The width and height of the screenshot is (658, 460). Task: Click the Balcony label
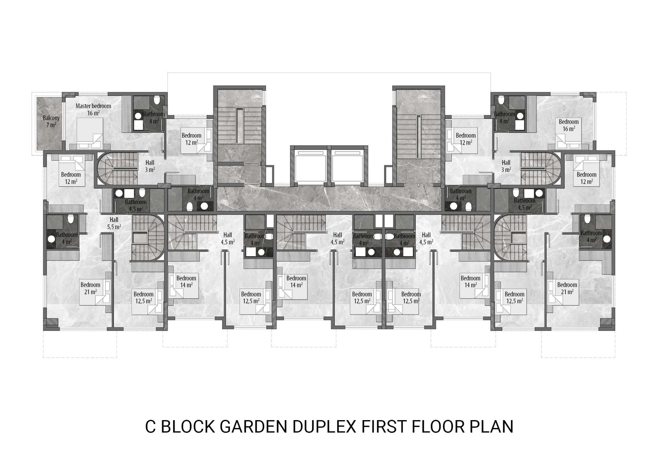(x=51, y=118)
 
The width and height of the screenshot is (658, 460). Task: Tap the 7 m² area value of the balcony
(x=51, y=125)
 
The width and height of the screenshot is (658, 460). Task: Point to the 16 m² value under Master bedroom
(x=93, y=113)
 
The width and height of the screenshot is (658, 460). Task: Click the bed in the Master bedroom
(x=90, y=133)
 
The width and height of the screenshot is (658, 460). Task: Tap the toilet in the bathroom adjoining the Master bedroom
(x=157, y=100)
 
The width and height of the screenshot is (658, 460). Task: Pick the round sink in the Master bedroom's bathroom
(x=138, y=116)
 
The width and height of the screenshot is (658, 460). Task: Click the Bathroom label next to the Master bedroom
(x=154, y=114)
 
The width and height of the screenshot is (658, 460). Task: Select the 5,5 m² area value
(x=114, y=227)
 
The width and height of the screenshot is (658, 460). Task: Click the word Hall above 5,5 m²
(x=114, y=220)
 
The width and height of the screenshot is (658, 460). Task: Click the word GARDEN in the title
(x=253, y=427)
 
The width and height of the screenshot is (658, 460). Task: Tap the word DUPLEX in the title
(x=324, y=427)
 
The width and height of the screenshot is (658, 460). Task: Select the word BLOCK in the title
(x=188, y=427)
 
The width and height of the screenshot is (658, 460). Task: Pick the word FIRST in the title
(x=384, y=427)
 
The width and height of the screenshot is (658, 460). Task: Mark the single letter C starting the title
(x=150, y=427)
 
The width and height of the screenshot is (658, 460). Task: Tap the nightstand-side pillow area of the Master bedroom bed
(x=90, y=145)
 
